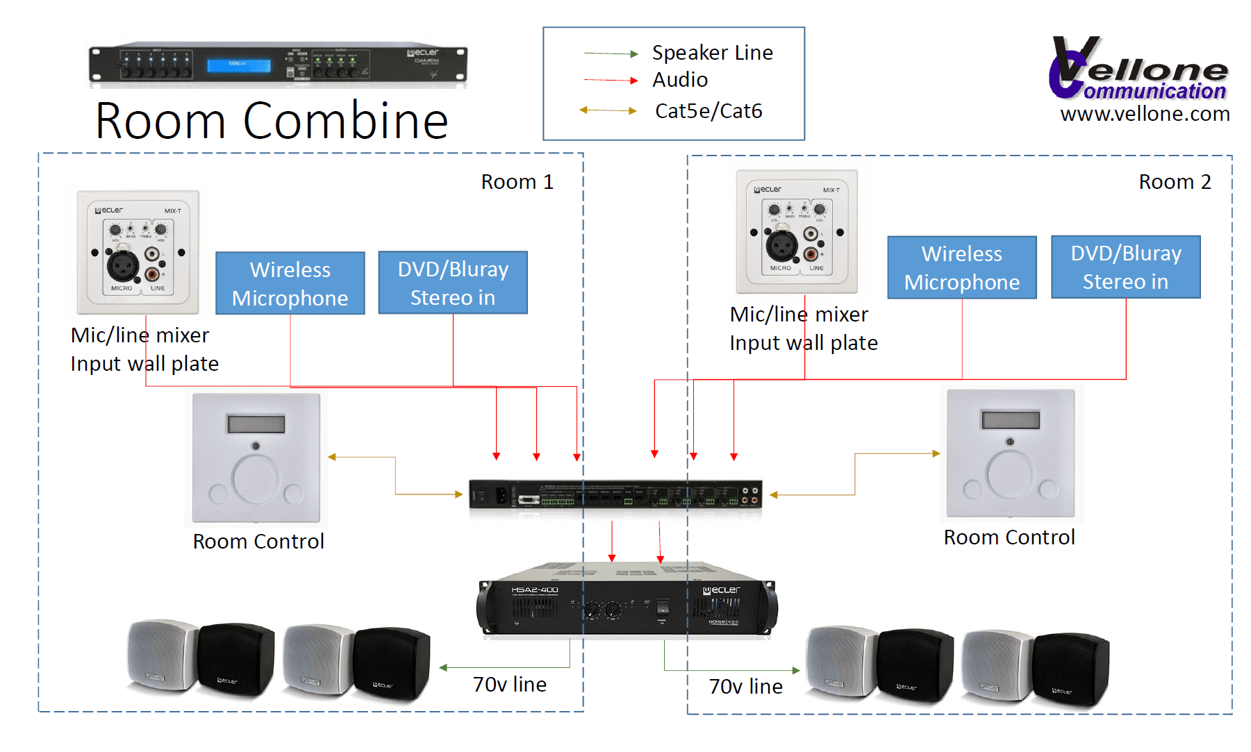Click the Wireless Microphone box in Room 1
point(290,283)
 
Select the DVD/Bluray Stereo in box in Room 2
point(1125,267)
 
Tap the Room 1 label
point(517,182)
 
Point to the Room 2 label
point(1175,182)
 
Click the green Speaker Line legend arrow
point(611,53)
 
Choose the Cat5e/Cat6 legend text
point(708,111)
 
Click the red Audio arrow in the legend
point(611,81)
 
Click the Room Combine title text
point(272,121)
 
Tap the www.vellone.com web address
point(1145,114)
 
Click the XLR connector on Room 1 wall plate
point(122,265)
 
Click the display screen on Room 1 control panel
point(255,424)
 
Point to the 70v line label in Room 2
point(745,687)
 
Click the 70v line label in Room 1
point(509,685)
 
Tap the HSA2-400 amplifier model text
point(535,590)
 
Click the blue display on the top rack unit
point(238,65)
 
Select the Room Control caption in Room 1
point(258,542)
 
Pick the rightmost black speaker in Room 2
point(1070,668)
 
